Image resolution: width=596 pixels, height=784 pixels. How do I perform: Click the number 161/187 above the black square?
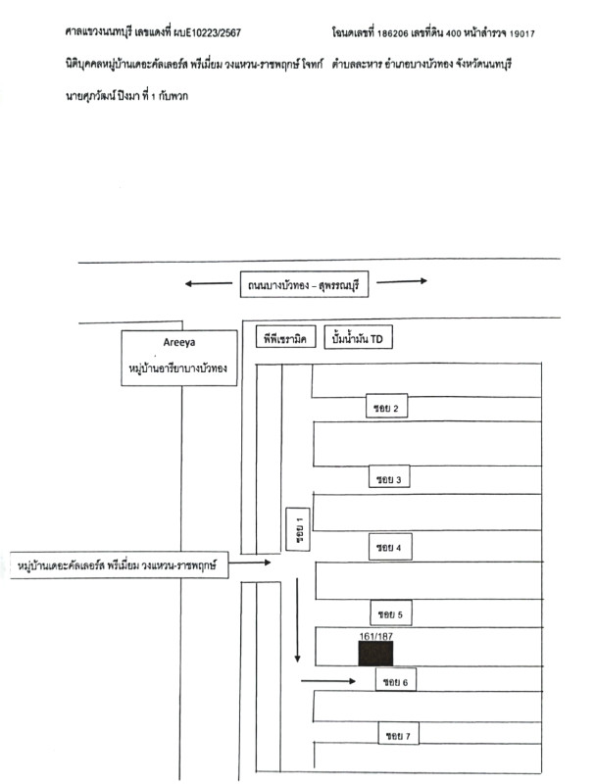click(x=375, y=635)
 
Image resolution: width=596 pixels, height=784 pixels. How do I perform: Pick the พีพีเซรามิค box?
click(x=285, y=339)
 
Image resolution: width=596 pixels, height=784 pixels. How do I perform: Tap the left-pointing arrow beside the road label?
click(x=206, y=284)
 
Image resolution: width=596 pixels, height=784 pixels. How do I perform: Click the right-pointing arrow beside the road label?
click(x=401, y=281)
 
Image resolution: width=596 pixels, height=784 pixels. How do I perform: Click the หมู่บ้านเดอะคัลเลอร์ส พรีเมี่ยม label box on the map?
click(x=123, y=565)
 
